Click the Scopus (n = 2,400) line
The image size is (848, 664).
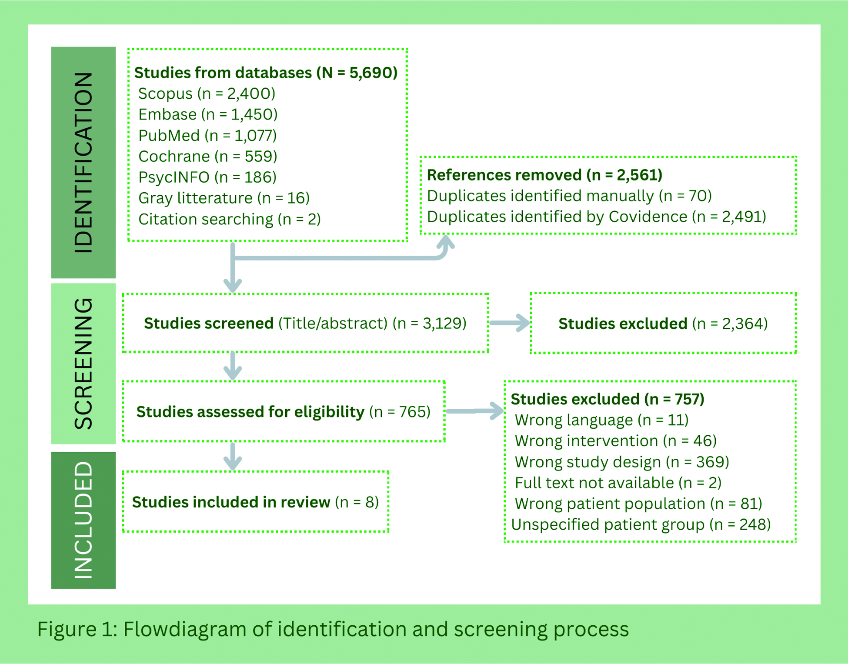[x=207, y=93]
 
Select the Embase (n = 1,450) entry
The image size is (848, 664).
[x=208, y=114]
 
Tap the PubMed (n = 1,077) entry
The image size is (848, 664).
[x=207, y=135]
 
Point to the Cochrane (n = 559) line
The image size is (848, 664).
[x=207, y=156]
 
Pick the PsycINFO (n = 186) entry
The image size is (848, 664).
[x=207, y=177]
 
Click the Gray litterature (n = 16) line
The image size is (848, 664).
[x=224, y=198]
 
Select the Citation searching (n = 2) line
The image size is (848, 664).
[x=230, y=219]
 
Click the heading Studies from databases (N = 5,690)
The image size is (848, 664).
[x=266, y=73]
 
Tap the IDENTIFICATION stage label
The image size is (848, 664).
[x=83, y=162]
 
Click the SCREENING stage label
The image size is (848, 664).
[x=83, y=364]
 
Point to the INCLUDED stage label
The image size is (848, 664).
[x=83, y=520]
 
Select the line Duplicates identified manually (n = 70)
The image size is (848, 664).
[x=569, y=196]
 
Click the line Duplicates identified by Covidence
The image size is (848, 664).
[x=597, y=217]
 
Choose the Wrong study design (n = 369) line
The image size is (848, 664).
[x=622, y=462]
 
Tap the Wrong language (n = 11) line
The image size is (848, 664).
[x=602, y=420]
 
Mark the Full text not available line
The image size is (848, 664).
[x=618, y=483]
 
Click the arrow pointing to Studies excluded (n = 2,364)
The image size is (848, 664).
[x=509, y=323]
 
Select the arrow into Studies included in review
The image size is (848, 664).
[x=233, y=457]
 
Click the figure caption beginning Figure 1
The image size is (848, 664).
[x=333, y=629]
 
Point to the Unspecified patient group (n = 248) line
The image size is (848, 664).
[x=641, y=524]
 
